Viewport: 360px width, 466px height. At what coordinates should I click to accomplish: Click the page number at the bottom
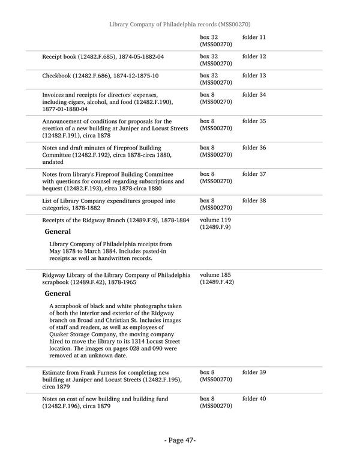(180, 440)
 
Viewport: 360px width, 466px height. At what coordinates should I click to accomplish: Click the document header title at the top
(180, 24)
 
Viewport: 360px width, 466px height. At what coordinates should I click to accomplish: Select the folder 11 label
(254, 37)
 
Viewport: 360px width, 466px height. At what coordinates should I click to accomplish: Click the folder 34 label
(254, 95)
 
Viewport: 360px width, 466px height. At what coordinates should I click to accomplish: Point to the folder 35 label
(254, 121)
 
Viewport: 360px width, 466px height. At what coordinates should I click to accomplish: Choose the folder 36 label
(254, 148)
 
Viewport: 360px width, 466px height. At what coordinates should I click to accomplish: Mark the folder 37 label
(254, 174)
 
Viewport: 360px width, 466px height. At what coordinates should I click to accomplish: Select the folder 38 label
(254, 201)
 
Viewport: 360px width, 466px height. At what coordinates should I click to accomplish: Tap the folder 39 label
(254, 372)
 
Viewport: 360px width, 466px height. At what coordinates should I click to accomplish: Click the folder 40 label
(254, 399)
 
